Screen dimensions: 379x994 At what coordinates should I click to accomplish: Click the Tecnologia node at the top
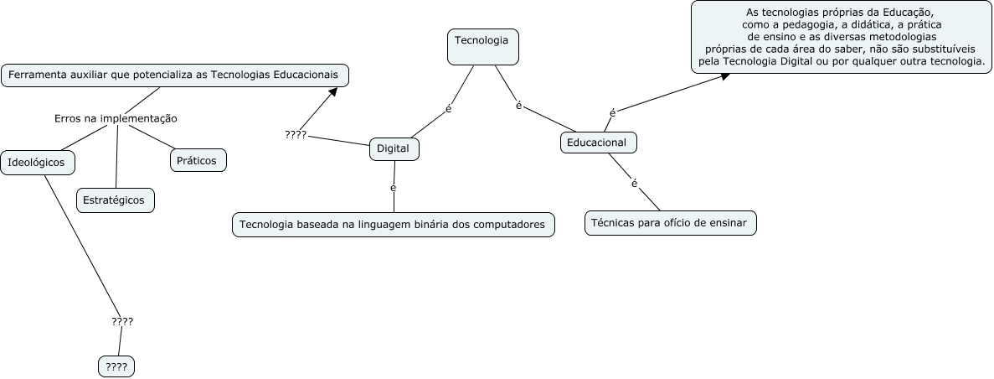pos(483,46)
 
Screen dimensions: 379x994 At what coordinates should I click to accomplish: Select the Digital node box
pos(394,148)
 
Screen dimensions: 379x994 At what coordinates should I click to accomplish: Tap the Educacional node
pos(598,143)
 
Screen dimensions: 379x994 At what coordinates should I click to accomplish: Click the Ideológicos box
pos(38,162)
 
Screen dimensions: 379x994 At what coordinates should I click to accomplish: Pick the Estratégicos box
pos(116,200)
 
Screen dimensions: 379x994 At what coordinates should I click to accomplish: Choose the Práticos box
pos(198,159)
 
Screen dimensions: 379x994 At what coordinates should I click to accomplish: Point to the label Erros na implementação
pos(116,118)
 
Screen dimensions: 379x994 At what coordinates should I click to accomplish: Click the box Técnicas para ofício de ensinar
pos(670,223)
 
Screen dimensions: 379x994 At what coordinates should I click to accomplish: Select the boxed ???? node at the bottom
pos(116,366)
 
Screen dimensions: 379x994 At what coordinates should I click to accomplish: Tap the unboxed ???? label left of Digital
pos(296,134)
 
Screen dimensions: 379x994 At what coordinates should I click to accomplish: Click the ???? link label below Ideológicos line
pos(122,321)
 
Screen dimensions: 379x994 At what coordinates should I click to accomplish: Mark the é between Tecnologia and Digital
pos(449,109)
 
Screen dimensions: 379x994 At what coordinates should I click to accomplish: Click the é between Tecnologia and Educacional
pos(519,106)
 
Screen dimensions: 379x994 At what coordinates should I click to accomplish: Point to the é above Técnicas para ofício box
pos(634,183)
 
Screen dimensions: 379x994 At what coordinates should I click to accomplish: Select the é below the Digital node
pos(394,187)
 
